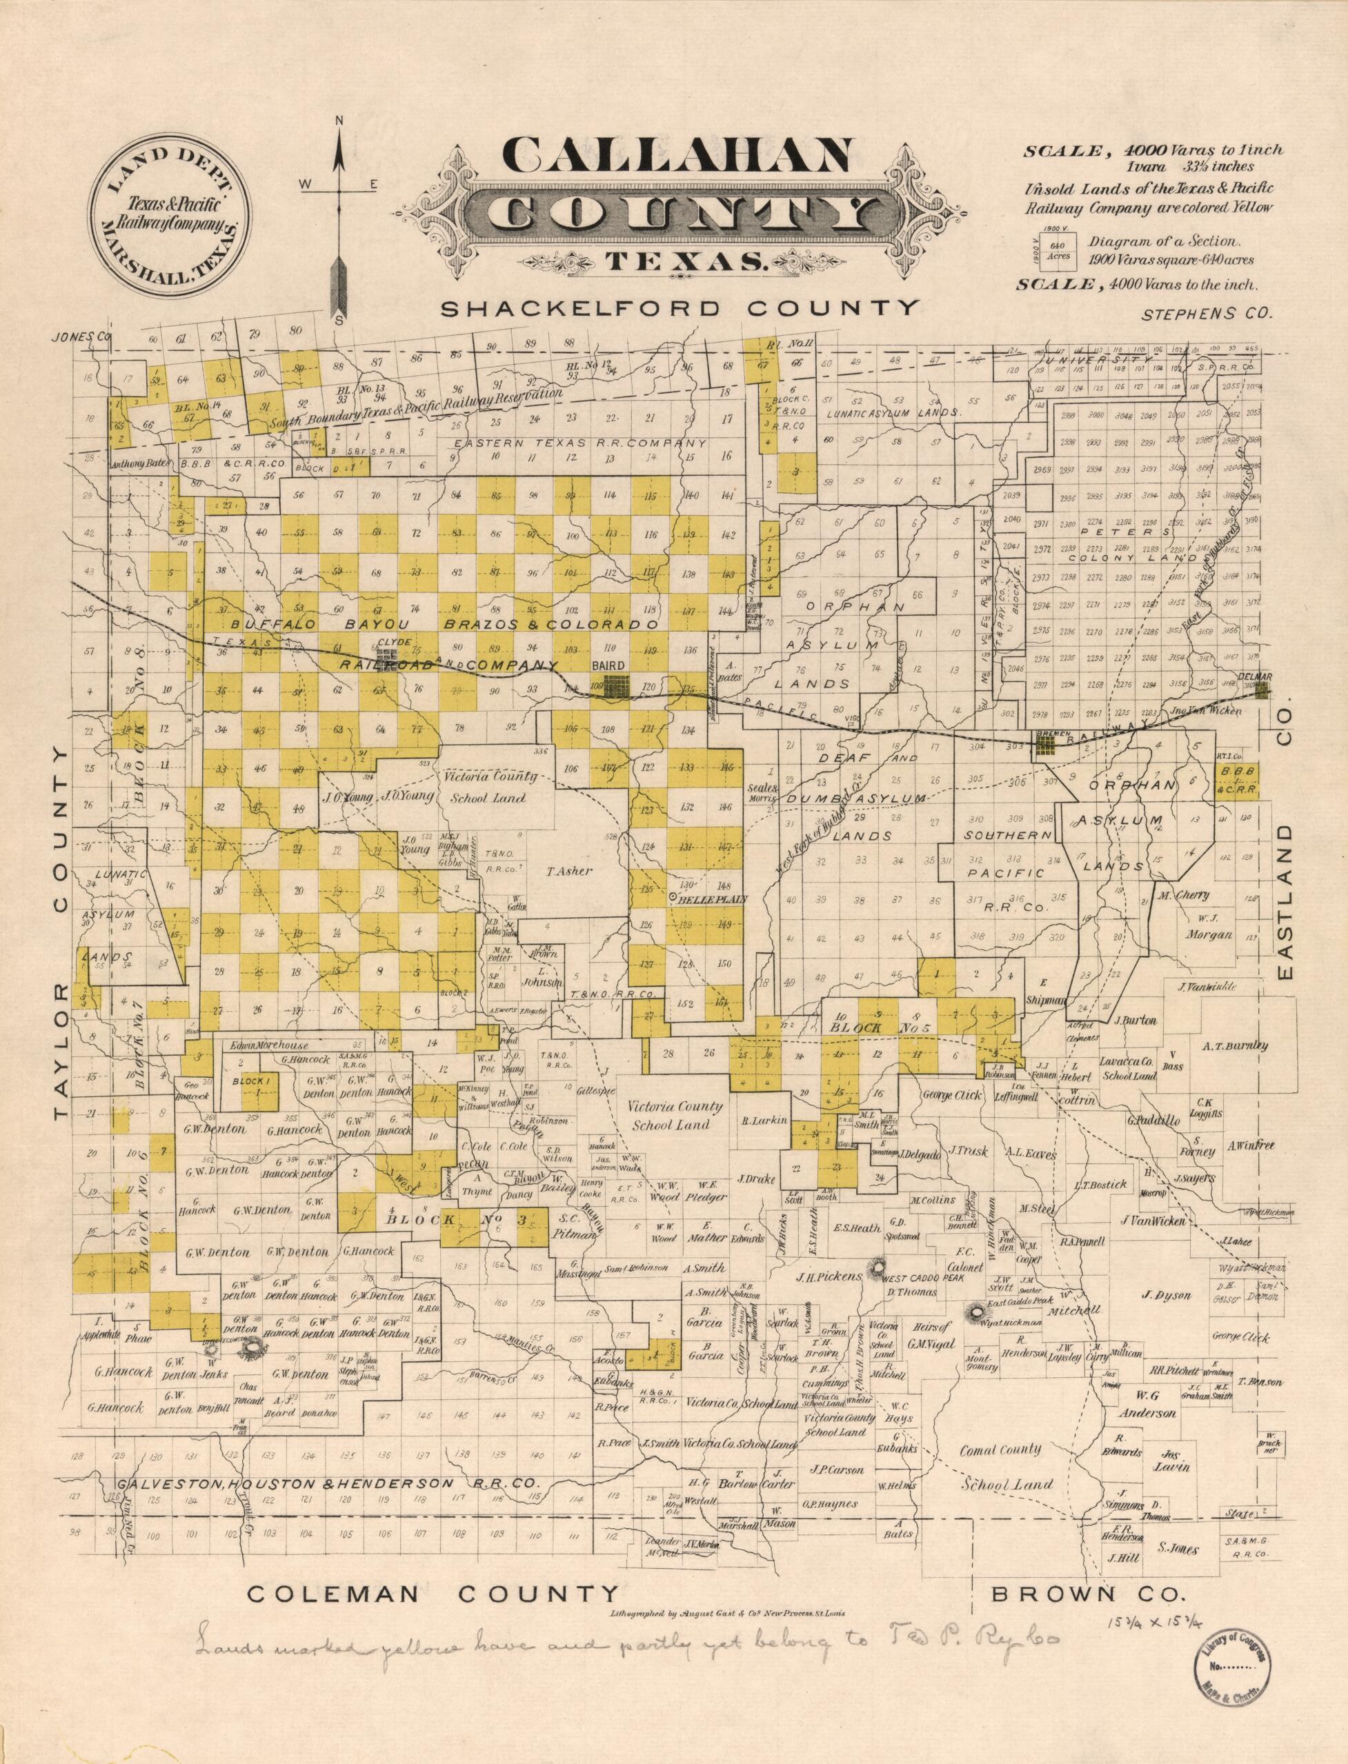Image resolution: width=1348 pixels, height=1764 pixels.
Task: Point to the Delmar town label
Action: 1256,677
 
